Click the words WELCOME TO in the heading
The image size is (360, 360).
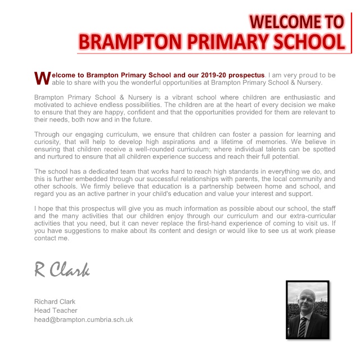tap(296, 21)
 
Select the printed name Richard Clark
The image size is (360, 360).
tap(55, 301)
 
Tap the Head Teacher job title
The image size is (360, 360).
tap(56, 310)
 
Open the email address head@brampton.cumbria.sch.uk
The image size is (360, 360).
tap(83, 319)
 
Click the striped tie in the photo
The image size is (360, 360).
tap(303, 327)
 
